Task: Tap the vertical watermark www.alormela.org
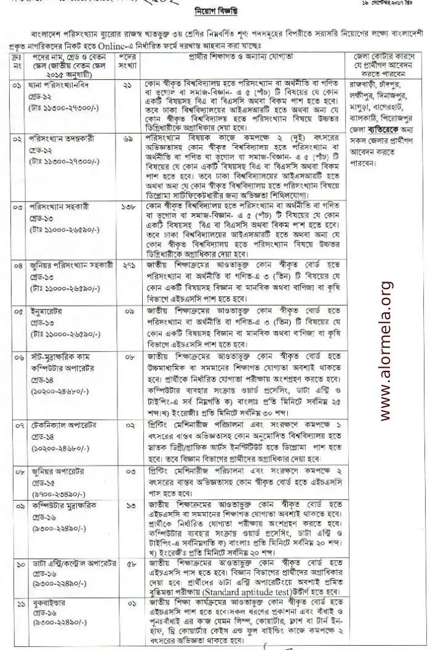[x=387, y=351]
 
